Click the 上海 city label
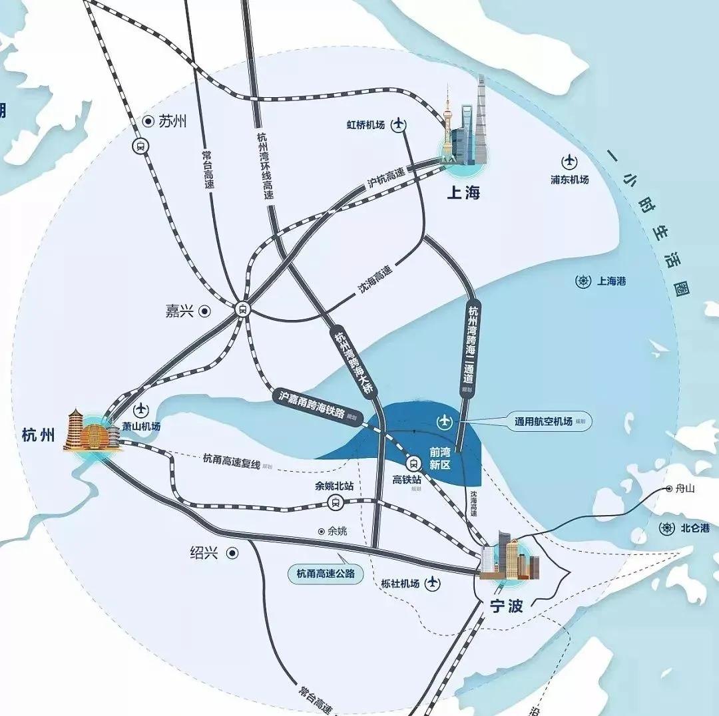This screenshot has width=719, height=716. (464, 193)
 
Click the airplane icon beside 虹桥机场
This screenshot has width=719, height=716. (399, 124)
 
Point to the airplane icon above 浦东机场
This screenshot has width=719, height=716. (570, 161)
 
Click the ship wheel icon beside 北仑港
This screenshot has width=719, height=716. (665, 528)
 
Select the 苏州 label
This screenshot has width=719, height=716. (172, 121)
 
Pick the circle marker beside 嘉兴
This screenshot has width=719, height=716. (205, 311)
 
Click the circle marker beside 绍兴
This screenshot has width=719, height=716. (232, 553)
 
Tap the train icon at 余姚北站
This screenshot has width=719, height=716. (335, 502)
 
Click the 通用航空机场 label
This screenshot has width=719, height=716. (543, 421)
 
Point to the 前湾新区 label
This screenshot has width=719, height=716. (441, 458)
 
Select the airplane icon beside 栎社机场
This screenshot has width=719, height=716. (433, 584)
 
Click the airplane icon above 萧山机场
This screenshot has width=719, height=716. (141, 410)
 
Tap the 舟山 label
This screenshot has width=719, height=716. (685, 488)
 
